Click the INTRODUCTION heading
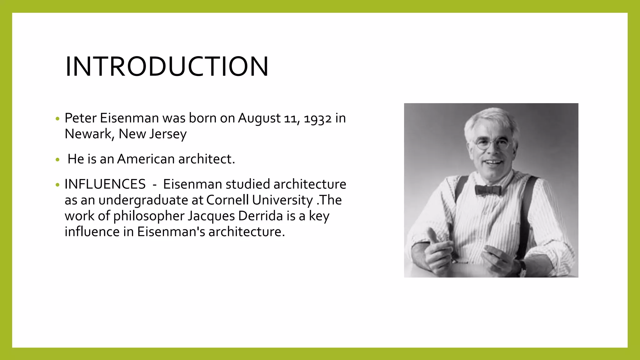167,67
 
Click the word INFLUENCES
105,184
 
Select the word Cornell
227,200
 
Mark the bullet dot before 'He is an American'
57,160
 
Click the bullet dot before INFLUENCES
57,185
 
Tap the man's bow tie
488,189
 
